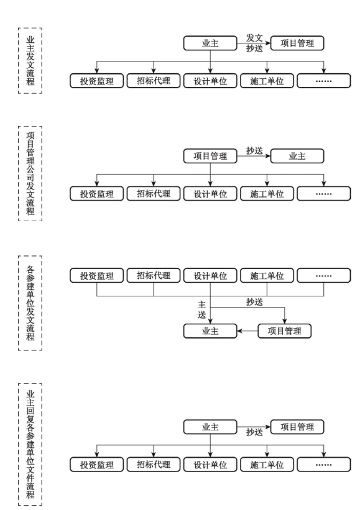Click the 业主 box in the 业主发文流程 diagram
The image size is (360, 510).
210,43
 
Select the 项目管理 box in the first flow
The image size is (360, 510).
297,43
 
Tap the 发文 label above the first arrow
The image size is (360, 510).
254,38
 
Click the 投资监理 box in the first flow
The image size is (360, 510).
96,81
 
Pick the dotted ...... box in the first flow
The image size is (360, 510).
324,81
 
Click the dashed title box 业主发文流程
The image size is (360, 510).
30,61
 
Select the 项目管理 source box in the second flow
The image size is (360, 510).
210,156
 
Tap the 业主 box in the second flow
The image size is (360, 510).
297,156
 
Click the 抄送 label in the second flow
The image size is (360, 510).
254,150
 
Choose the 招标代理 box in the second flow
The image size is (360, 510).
154,194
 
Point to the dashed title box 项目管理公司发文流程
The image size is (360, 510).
30,174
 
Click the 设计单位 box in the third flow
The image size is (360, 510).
210,276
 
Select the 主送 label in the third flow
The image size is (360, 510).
202,309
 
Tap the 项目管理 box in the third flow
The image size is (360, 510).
285,331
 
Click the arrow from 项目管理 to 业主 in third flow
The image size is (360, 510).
247,331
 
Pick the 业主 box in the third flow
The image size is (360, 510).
210,331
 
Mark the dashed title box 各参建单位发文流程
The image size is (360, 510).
30,303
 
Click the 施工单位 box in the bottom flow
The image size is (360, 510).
267,465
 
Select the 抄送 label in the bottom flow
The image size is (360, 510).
254,432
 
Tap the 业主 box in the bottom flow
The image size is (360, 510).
210,427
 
